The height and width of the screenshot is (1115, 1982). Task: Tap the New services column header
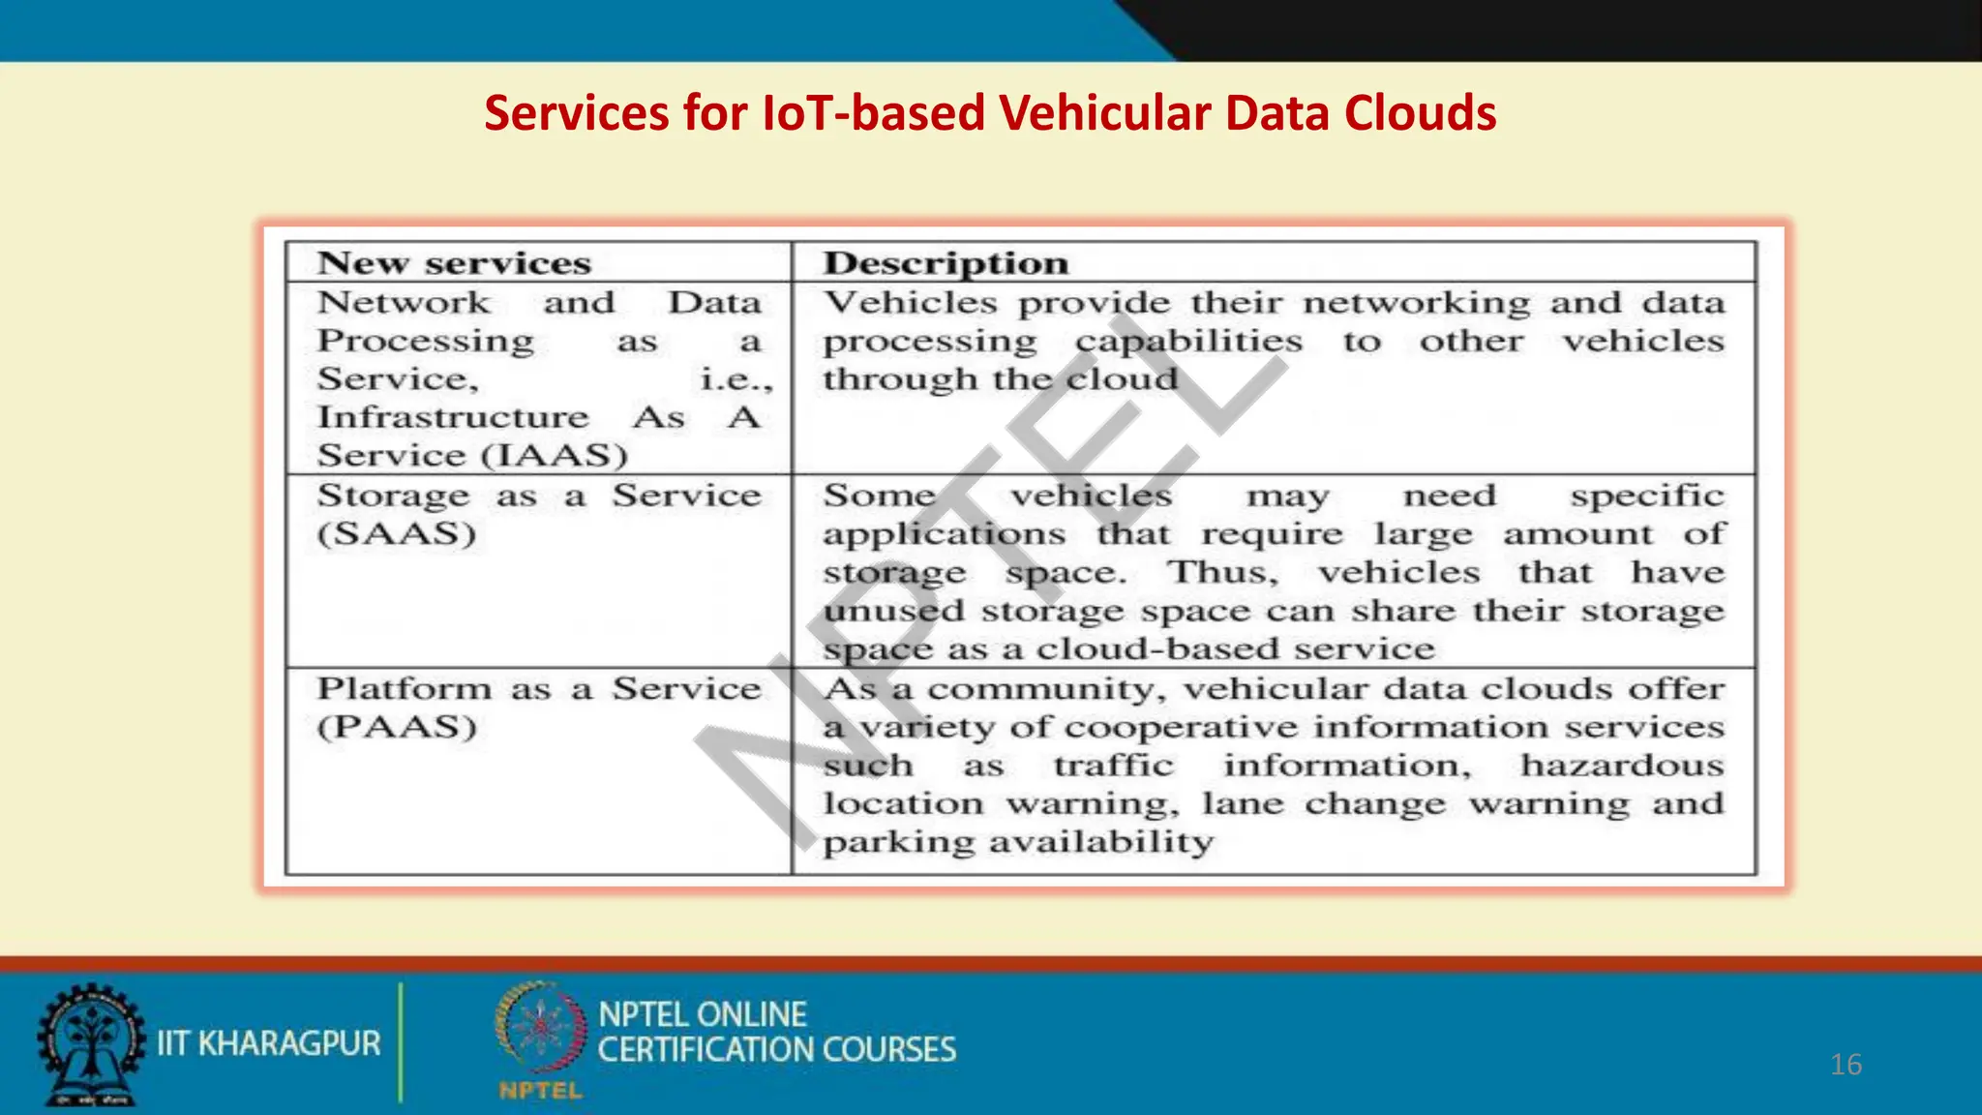454,263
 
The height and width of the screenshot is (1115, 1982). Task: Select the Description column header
946,263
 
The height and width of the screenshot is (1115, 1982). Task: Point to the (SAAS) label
397,534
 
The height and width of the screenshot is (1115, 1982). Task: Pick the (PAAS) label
397,727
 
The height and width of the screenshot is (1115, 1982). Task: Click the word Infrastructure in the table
453,417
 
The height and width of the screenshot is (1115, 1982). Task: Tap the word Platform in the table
404,688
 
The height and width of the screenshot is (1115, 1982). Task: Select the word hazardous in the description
1622,766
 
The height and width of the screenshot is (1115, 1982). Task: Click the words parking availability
1018,842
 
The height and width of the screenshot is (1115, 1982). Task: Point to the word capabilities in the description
1188,342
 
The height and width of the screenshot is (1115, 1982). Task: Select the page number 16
1846,1065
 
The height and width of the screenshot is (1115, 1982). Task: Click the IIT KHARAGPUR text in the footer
269,1043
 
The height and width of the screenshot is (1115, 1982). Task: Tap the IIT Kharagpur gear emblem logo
90,1043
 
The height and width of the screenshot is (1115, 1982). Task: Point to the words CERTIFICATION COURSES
776,1050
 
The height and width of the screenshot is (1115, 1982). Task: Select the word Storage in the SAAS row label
393,496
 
